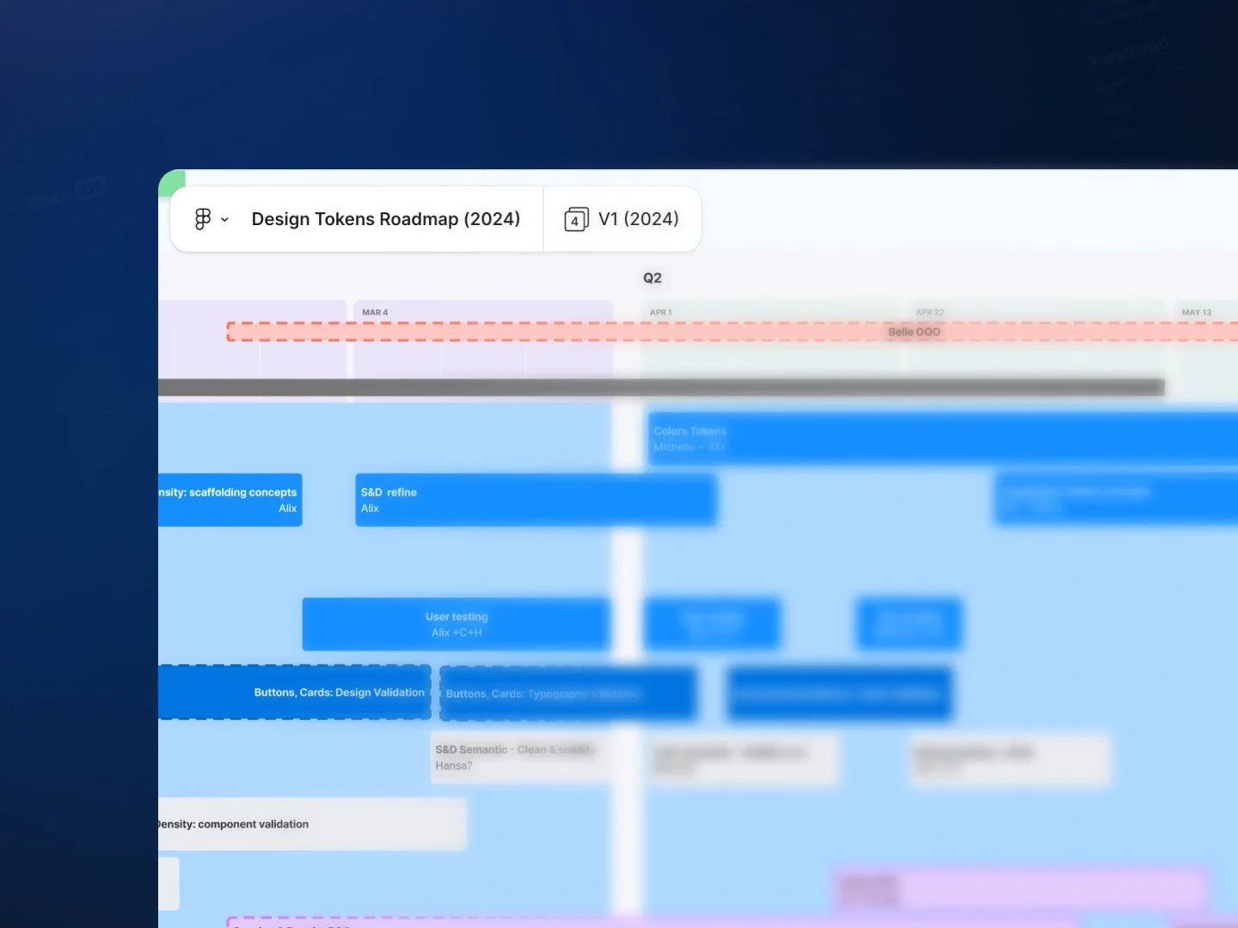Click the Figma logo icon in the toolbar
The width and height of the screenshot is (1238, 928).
coord(203,219)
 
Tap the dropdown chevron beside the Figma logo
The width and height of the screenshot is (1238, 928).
coord(224,220)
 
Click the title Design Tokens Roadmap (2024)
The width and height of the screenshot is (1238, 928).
coord(385,219)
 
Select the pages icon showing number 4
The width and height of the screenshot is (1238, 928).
coord(576,219)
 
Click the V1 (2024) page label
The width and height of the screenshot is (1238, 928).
coord(638,219)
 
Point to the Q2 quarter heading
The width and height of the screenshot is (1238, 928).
coord(653,278)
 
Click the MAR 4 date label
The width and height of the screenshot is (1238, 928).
coord(375,313)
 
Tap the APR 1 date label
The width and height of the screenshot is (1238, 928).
coord(661,313)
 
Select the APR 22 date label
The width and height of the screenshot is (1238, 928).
coord(929,313)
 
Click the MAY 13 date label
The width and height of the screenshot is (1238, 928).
coord(1196,313)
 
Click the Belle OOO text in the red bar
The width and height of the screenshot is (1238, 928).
coord(914,332)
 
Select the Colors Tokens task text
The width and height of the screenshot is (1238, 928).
coord(689,431)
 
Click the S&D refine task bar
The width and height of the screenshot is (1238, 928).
coord(535,500)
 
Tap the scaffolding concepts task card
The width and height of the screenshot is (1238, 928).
coord(230,500)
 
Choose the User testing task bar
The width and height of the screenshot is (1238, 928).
coord(456,624)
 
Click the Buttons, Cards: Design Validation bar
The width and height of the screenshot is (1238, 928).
coord(294,693)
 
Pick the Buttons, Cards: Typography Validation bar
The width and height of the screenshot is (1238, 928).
coord(567,693)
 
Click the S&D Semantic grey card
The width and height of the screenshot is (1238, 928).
coord(519,757)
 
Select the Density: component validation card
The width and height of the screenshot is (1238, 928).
coord(311,824)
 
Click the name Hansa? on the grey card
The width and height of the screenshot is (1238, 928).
coord(454,766)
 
